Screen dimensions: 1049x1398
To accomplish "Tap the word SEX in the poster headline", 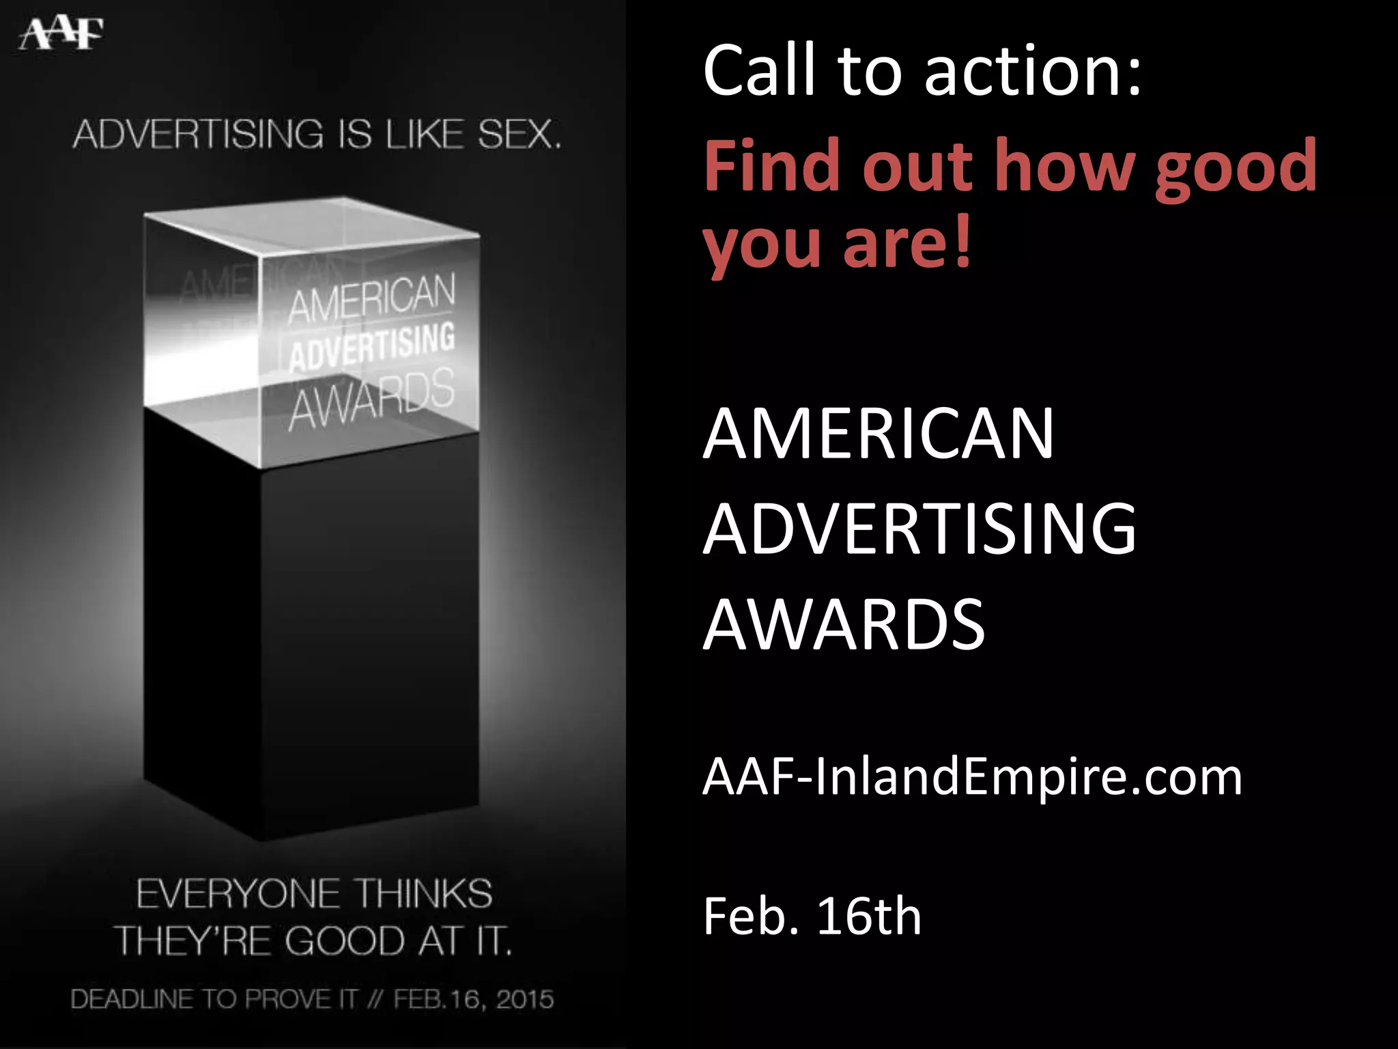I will point(518,134).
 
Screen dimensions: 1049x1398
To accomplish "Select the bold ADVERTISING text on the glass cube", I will point(372,347).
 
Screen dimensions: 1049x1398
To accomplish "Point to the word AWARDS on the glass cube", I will point(372,400).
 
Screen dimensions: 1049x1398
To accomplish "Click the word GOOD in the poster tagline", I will point(345,941).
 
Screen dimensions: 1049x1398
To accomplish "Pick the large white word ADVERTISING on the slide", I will point(920,529).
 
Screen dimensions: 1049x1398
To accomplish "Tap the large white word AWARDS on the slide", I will point(844,624).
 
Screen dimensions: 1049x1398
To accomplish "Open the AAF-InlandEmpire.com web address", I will point(972,777).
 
